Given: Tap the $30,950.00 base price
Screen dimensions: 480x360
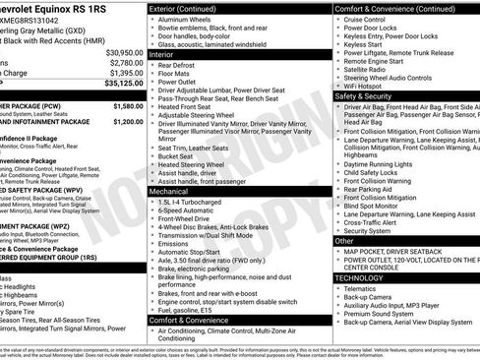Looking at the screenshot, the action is point(124,52).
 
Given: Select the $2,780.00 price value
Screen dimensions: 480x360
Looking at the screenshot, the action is point(126,62).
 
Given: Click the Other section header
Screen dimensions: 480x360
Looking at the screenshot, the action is point(345,240).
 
